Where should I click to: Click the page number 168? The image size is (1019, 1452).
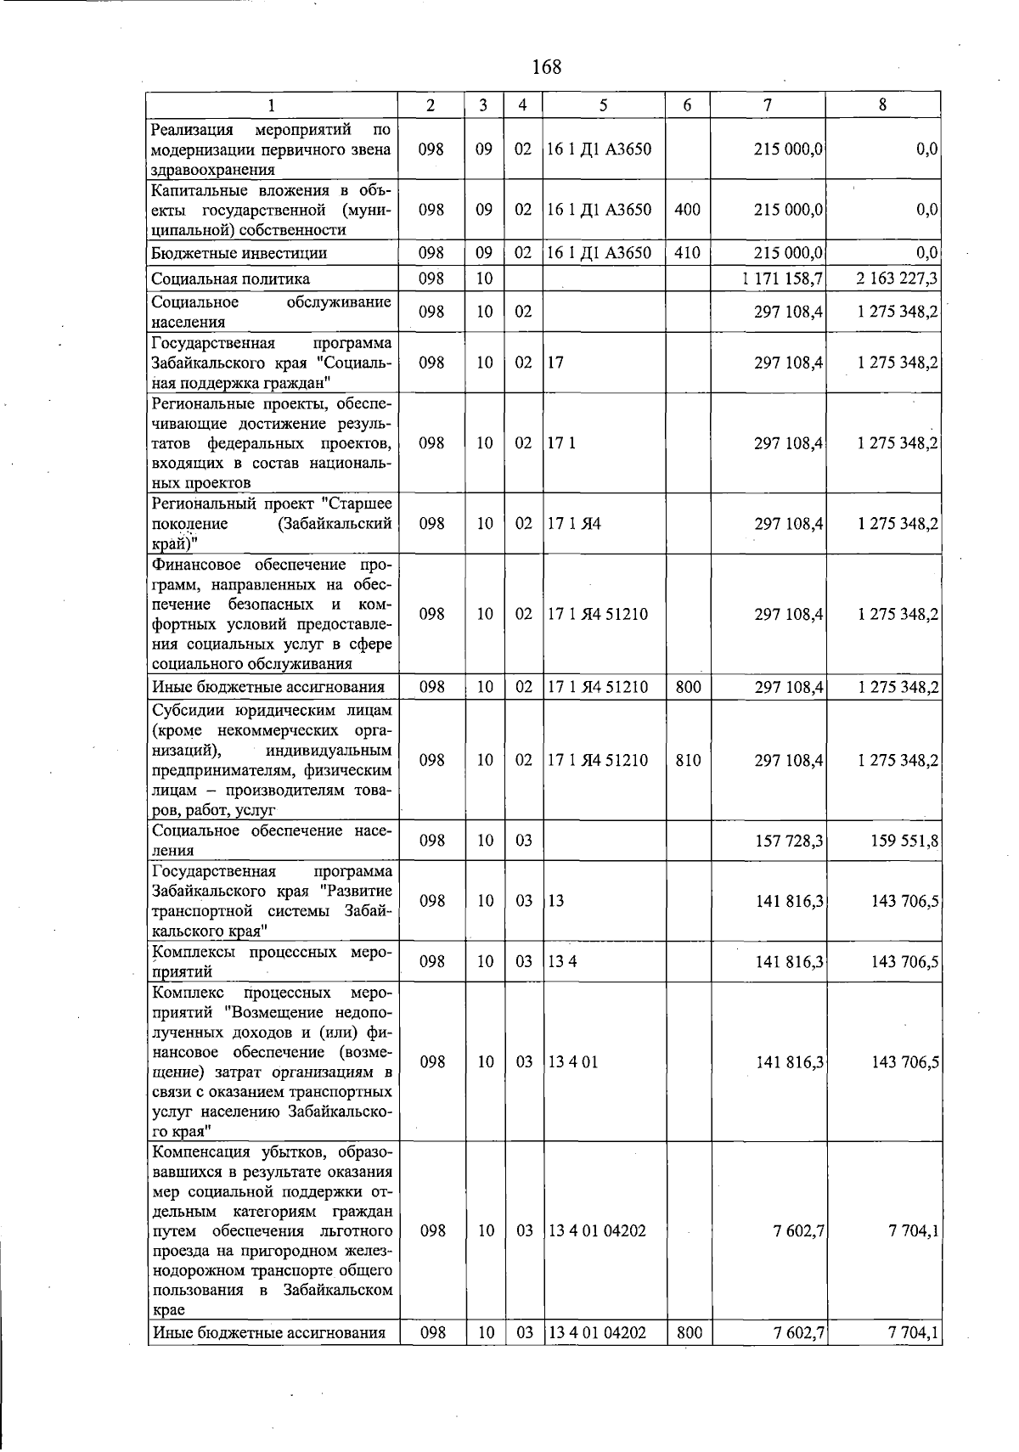coord(546,67)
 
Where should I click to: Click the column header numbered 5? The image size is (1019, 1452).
coord(603,105)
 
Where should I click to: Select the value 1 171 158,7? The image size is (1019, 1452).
coord(782,279)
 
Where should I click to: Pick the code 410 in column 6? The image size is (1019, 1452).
coord(687,253)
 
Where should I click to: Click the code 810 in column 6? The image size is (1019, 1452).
coord(688,761)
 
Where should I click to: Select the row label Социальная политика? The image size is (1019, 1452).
coord(230,279)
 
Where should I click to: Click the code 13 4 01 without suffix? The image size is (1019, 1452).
coord(573,1062)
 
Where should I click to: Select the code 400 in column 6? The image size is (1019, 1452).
coord(687,209)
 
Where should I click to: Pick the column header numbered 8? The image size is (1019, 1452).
coord(883,105)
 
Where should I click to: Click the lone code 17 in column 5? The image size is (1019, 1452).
coord(556,363)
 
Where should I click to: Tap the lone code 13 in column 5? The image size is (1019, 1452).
coord(556,901)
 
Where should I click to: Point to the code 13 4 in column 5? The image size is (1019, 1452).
coord(562,962)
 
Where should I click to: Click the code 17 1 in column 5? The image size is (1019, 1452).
coord(561,443)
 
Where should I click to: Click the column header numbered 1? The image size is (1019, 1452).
coord(271,105)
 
